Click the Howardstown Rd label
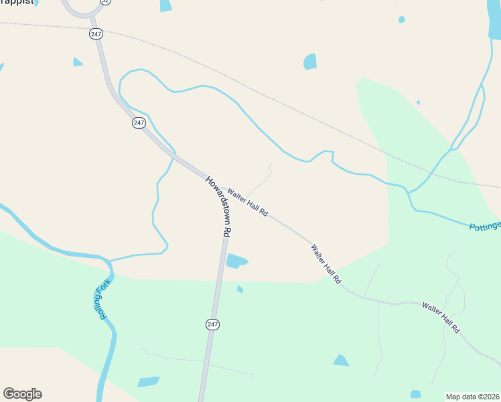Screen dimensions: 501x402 coord(219,206)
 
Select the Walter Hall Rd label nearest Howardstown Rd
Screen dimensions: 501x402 coord(248,202)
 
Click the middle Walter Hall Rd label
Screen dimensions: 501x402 coord(326,263)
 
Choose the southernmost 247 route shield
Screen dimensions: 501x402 coord(212,324)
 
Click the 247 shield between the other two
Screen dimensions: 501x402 coord(139,123)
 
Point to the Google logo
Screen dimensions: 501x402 coord(22,394)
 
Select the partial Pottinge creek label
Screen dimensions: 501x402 coord(484,226)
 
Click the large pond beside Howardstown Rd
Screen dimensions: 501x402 coord(236,261)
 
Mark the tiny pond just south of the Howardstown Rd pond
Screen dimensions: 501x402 coord(240,289)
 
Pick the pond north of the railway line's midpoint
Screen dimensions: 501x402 coord(309,62)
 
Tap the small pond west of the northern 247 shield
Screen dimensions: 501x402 coord(77,62)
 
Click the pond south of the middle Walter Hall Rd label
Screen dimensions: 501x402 coord(341,360)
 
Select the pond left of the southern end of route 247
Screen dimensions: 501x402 coord(148,382)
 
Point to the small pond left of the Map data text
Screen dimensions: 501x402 coord(415,394)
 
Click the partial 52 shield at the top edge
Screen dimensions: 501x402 coord(105,2)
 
